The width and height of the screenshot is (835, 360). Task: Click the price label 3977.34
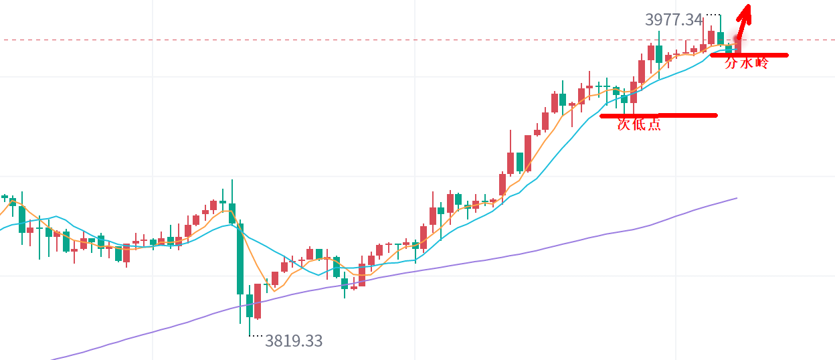[x=673, y=20]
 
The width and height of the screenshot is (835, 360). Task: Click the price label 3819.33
[x=293, y=341]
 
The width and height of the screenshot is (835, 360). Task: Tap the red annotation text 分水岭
[x=747, y=64]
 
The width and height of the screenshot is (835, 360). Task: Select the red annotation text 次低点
[x=639, y=124]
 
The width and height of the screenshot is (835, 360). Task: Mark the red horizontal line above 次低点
[x=658, y=115]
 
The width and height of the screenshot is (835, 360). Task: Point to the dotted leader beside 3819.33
[x=256, y=336]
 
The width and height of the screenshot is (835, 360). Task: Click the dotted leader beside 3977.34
[x=713, y=15]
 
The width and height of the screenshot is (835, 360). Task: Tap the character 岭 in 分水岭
[x=761, y=64]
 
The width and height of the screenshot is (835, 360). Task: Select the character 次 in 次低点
[x=624, y=124]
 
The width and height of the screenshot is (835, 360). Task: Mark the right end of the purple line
[x=736, y=198]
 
